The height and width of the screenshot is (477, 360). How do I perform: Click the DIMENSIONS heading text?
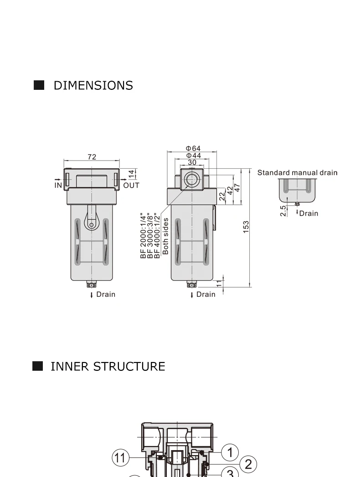93,85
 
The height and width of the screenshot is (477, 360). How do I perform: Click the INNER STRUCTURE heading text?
108,367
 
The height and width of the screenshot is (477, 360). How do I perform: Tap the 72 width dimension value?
92,157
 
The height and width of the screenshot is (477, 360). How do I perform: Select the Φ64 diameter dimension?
193,148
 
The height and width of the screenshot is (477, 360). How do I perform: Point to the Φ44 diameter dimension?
193,156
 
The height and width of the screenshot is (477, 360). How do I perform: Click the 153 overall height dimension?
246,227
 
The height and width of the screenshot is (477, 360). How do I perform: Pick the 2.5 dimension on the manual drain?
283,211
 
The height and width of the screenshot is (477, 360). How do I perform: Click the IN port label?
58,185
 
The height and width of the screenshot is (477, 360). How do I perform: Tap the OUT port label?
131,185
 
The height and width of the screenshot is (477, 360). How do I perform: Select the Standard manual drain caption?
298,173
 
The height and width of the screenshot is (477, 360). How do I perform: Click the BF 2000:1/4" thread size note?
143,236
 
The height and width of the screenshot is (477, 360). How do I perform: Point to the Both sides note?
165,236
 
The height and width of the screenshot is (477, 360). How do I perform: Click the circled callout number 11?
120,457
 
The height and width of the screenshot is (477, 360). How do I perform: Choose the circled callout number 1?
230,452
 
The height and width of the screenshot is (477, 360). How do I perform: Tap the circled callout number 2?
248,464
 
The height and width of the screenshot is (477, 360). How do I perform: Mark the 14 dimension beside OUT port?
131,174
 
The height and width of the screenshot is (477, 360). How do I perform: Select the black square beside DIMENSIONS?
39,85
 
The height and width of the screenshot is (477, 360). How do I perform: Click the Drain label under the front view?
106,295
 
